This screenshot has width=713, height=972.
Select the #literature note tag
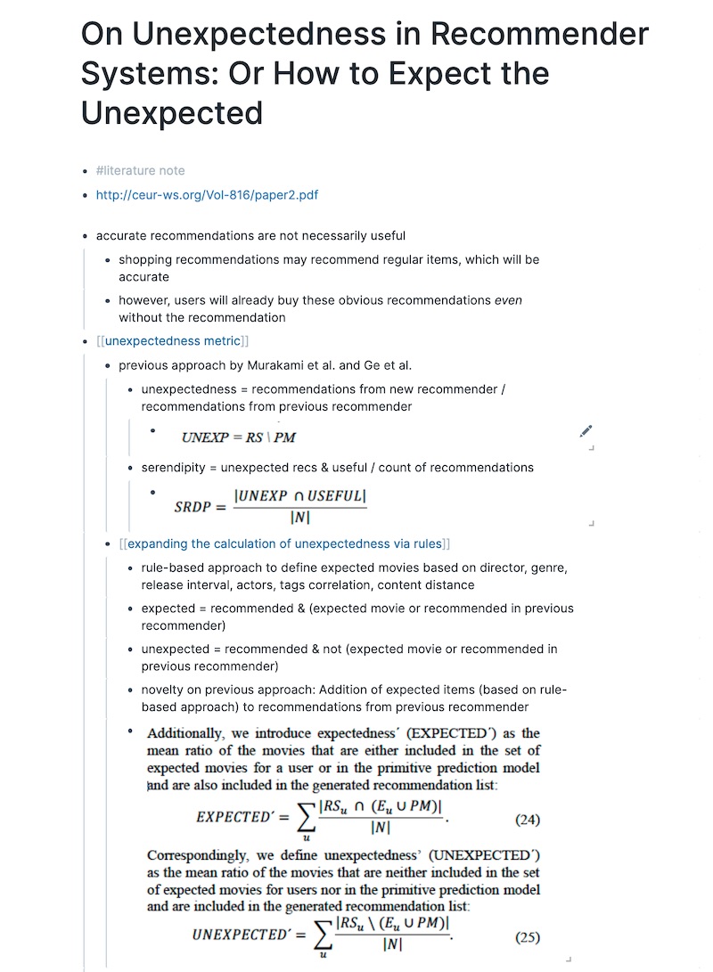(140, 170)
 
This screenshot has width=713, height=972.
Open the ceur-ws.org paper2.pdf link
(207, 195)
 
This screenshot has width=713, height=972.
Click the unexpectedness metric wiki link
(172, 340)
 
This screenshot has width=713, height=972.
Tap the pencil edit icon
(586, 431)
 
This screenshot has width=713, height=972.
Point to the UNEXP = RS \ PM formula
(238, 437)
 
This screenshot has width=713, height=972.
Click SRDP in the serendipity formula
(193, 507)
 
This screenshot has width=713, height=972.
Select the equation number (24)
(527, 820)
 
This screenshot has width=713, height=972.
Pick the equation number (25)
(527, 937)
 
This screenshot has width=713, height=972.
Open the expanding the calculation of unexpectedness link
(284, 543)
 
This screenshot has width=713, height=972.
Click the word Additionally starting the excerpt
(184, 733)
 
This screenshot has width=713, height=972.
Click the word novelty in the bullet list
(162, 690)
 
